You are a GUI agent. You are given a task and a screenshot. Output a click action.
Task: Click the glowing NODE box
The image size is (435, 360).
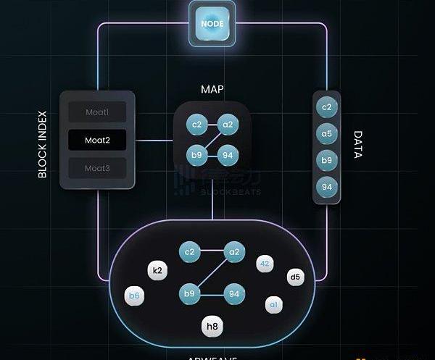212,23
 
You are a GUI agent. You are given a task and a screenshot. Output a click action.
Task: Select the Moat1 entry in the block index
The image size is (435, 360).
97,112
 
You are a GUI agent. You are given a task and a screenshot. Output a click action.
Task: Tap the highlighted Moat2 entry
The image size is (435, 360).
97,140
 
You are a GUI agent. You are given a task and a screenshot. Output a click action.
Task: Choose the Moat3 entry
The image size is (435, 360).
97,168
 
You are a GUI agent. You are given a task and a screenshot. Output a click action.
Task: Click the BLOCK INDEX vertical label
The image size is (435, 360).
42,144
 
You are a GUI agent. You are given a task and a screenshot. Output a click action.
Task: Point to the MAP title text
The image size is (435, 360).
212,90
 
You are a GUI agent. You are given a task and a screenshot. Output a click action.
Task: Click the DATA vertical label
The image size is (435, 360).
357,145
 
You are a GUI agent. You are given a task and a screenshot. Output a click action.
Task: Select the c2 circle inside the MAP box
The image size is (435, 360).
196,125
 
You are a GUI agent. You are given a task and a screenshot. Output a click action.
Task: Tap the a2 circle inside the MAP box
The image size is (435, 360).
228,125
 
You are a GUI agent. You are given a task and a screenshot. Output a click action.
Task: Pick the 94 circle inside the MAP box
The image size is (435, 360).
228,154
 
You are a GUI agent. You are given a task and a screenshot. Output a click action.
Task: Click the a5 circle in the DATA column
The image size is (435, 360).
327,133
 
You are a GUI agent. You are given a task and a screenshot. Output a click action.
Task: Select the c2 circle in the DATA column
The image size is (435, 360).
327,107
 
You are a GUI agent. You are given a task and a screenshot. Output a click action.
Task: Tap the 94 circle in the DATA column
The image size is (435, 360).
327,187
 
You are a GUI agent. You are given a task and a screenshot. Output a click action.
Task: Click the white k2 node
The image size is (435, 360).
157,271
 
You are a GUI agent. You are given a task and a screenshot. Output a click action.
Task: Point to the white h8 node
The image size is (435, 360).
212,327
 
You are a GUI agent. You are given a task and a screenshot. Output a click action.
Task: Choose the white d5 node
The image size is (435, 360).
294,276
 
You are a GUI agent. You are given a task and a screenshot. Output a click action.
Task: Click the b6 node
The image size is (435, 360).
134,296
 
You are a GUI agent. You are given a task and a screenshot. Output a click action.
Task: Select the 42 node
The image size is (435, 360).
265,264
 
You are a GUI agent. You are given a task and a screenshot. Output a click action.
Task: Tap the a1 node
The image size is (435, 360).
273,304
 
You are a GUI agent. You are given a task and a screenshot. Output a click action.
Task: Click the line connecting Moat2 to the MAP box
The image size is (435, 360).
154,140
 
